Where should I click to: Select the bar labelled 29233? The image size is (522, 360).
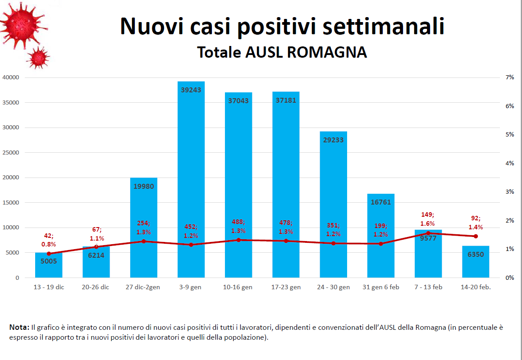click(334, 203)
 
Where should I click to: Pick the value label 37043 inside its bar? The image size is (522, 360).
click(238, 101)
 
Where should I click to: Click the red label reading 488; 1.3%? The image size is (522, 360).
click(238, 227)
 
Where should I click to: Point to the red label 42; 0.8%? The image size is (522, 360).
click(49, 240)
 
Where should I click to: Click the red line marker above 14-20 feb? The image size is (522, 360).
click(476, 236)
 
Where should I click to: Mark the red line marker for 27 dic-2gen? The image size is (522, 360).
click(144, 241)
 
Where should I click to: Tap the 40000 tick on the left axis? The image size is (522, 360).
click(10, 77)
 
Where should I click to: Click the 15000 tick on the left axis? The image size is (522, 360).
click(10, 203)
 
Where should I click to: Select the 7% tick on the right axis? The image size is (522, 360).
click(510, 77)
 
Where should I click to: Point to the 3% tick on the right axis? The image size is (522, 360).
click(510, 192)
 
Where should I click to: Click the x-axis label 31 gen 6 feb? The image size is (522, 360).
click(381, 287)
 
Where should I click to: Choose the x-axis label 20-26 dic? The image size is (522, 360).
click(96, 287)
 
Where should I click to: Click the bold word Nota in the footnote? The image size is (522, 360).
click(18, 328)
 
